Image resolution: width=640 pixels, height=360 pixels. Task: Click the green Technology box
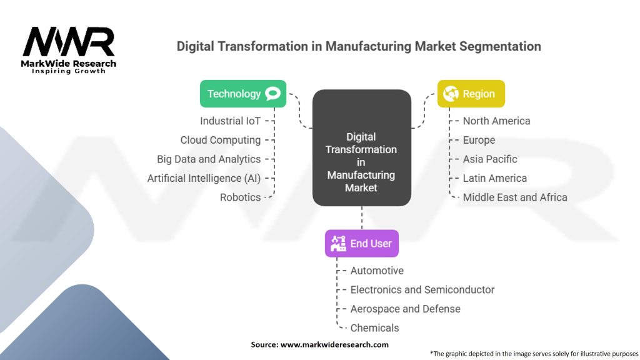click(x=243, y=94)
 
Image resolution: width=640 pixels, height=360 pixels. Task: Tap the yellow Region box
click(x=471, y=94)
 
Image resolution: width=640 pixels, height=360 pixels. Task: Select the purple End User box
click(x=362, y=243)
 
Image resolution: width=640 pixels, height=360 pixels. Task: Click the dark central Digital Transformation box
click(x=362, y=147)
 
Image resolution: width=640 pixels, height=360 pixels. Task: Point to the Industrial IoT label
click(x=230, y=121)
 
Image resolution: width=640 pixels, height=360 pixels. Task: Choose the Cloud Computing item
click(x=221, y=140)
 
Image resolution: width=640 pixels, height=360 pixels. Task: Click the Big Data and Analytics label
click(x=209, y=159)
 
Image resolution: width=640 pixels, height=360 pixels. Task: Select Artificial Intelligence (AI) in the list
click(x=204, y=178)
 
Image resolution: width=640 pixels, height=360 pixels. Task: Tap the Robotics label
click(x=240, y=197)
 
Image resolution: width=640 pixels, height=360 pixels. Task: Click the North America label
click(x=496, y=121)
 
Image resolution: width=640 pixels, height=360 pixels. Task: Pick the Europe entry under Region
click(x=479, y=140)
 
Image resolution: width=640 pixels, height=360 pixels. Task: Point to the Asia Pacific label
click(x=490, y=159)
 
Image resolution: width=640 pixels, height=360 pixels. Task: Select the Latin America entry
click(x=495, y=178)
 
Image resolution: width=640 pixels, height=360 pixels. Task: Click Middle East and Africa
click(x=515, y=197)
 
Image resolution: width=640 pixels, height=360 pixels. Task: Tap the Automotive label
click(x=377, y=271)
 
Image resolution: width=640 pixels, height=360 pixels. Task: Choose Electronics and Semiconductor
click(x=422, y=290)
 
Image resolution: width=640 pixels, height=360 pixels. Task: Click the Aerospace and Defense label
click(x=405, y=309)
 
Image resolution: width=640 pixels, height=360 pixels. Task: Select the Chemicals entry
click(x=374, y=327)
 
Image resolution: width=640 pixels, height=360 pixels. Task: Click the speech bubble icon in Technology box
click(x=272, y=94)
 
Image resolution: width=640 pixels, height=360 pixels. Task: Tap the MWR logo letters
click(x=69, y=41)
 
